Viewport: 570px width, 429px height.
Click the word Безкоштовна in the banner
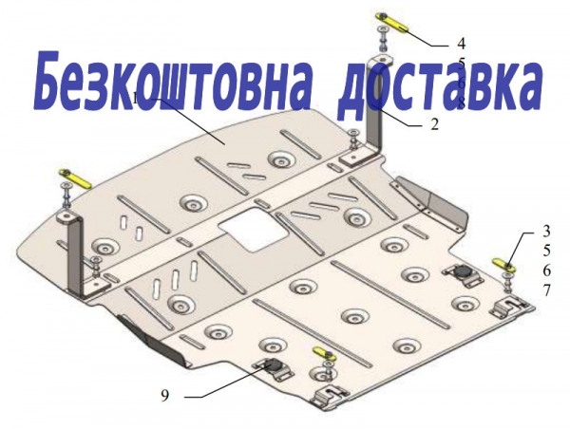coord(172,82)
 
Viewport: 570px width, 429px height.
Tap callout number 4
coord(461,44)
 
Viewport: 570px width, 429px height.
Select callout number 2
coord(435,124)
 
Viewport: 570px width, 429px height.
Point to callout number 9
coord(165,396)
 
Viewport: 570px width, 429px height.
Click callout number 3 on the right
coord(547,231)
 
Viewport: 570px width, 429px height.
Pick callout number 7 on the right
coord(547,290)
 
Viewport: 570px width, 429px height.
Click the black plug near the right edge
coord(463,271)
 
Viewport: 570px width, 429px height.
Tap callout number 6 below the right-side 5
coord(547,270)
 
